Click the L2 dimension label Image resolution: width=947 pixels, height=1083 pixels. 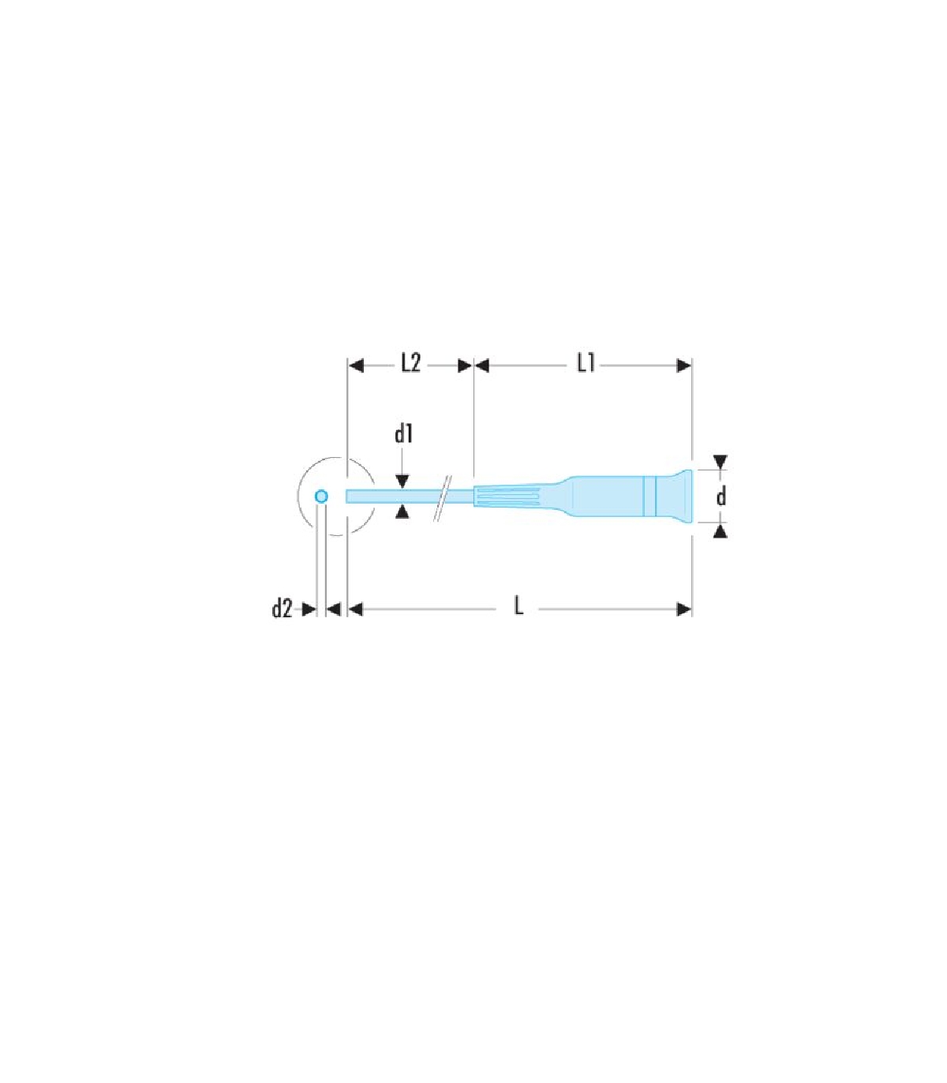[410, 364]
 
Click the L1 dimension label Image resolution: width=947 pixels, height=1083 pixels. [586, 364]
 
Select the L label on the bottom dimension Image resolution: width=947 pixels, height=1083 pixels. [518, 607]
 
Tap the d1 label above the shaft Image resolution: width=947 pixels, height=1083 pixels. [404, 434]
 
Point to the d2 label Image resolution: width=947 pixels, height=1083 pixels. [282, 609]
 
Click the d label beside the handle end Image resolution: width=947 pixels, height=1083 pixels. [721, 497]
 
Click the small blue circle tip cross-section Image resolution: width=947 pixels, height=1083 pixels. [321, 497]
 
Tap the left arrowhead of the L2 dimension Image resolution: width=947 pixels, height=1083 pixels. [356, 365]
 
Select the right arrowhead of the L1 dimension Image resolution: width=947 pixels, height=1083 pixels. [684, 365]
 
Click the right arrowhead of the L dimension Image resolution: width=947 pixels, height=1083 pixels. [684, 610]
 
